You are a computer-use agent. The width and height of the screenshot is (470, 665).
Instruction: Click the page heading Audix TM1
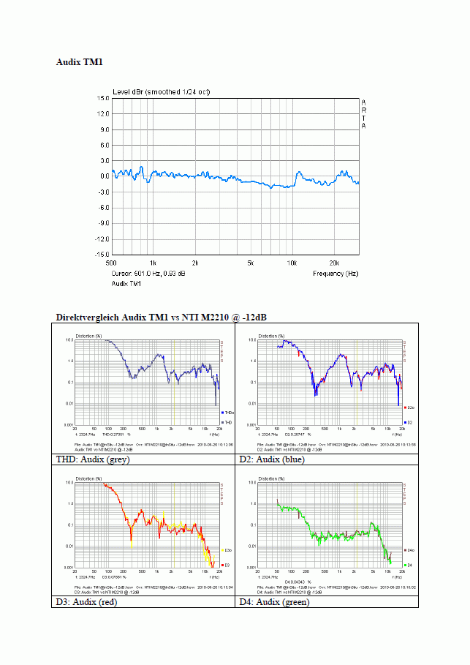tap(80, 63)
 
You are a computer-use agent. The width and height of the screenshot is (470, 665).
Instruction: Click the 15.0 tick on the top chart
tap(102, 98)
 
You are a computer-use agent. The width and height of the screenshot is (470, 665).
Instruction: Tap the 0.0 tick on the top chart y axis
tap(104, 176)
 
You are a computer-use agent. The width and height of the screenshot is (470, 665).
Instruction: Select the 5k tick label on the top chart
tap(250, 262)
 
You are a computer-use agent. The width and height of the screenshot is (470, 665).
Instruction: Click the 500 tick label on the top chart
tap(112, 262)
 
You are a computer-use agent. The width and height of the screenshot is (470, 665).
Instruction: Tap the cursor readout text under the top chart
tap(148, 274)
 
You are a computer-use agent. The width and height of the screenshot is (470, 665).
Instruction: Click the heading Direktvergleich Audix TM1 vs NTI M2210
tap(162, 318)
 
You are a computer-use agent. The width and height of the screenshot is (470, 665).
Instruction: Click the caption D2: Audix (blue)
tap(272, 459)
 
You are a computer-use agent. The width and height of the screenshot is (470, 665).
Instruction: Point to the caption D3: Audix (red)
tap(86, 602)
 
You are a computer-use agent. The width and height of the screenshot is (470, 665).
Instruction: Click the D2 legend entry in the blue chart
tap(410, 422)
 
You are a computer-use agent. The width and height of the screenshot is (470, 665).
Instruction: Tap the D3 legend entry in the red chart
tap(227, 565)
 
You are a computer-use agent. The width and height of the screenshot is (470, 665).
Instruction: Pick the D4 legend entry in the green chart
tap(410, 565)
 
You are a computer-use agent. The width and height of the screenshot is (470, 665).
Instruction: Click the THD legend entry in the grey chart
tap(227, 422)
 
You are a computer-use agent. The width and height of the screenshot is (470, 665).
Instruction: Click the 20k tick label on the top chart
tap(334, 262)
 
